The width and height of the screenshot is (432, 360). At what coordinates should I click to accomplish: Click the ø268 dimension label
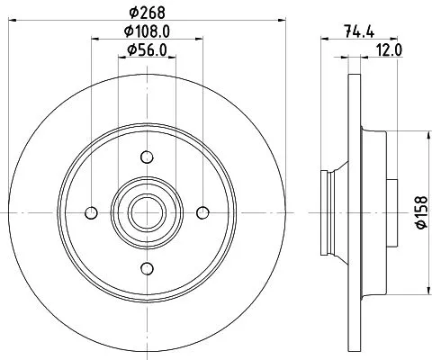tap(147, 12)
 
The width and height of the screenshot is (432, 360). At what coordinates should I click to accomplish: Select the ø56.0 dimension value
tap(147, 49)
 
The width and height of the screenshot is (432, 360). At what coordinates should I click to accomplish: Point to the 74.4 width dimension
tap(358, 30)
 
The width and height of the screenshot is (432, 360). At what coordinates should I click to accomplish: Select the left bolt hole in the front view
tap(90, 212)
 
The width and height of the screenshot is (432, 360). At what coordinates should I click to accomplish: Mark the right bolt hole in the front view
tap(203, 212)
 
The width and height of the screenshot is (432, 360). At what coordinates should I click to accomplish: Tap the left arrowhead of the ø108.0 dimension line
tap(93, 40)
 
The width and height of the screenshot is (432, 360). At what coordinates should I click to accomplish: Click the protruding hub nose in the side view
tap(327, 212)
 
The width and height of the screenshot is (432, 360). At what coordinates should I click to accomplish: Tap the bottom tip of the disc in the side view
tap(351, 352)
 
